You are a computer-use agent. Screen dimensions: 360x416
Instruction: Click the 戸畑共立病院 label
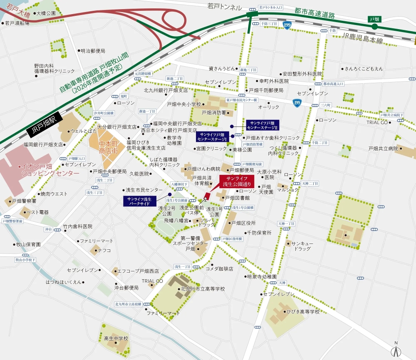click(x=383, y=149)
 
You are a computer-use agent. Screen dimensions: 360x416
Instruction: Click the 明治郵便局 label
click(x=93, y=51)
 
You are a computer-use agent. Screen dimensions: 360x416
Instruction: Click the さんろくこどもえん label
click(x=364, y=68)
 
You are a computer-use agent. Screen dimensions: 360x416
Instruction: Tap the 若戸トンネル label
click(x=225, y=7)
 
